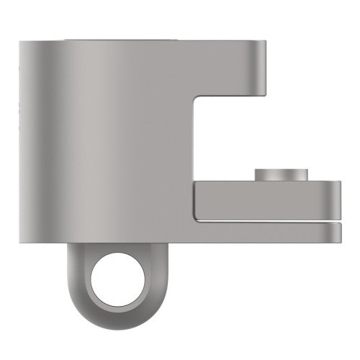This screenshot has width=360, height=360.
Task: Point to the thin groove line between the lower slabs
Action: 266,222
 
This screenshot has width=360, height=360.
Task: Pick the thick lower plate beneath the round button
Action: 266,202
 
